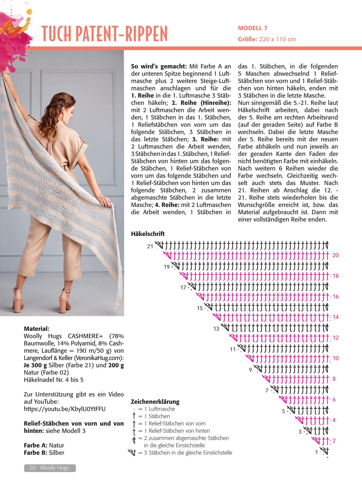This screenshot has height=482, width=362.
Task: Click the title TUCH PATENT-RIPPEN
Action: pyautogui.click(x=104, y=34)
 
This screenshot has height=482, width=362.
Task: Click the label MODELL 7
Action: pyautogui.click(x=252, y=28)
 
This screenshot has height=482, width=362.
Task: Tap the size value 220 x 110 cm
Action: pyautogui.click(x=277, y=39)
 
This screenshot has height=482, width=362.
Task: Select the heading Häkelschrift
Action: pyautogui.click(x=148, y=234)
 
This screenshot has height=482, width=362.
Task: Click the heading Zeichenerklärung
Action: pyautogui.click(x=155, y=402)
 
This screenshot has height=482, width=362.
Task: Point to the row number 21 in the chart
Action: pyautogui.click(x=150, y=246)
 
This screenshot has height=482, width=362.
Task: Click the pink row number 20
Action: pyautogui.click(x=335, y=255)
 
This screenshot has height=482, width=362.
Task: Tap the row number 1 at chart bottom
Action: pyautogui.click(x=316, y=453)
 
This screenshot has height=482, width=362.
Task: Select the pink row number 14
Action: pyautogui.click(x=335, y=317)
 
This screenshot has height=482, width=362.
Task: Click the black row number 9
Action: pyautogui.click(x=250, y=370)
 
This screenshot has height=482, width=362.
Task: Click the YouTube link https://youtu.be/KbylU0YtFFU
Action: pyautogui.click(x=64, y=409)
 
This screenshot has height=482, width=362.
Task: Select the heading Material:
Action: pyautogui.click(x=37, y=329)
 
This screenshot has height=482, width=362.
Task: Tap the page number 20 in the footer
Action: pyautogui.click(x=32, y=468)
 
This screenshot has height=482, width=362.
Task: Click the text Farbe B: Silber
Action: pyautogui.click(x=44, y=453)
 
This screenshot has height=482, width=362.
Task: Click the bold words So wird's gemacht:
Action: pyautogui.click(x=159, y=66)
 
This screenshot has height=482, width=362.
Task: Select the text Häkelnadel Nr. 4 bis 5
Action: pyautogui.click(x=54, y=380)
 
